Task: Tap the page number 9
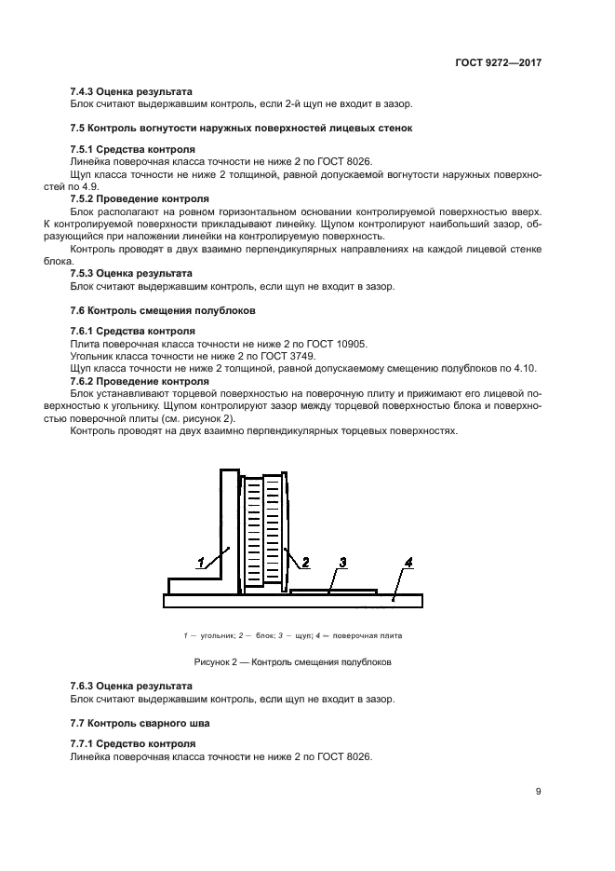pos(539,792)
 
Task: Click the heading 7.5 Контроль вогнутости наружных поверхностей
pos(241,127)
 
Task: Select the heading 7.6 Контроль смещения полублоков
pos(163,309)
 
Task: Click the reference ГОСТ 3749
pos(290,357)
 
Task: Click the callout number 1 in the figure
pos(199,561)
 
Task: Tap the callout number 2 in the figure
pos(305,561)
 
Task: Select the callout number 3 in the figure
pos(342,562)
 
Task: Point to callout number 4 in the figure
pos(408,562)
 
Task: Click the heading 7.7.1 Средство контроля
pos(133,745)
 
